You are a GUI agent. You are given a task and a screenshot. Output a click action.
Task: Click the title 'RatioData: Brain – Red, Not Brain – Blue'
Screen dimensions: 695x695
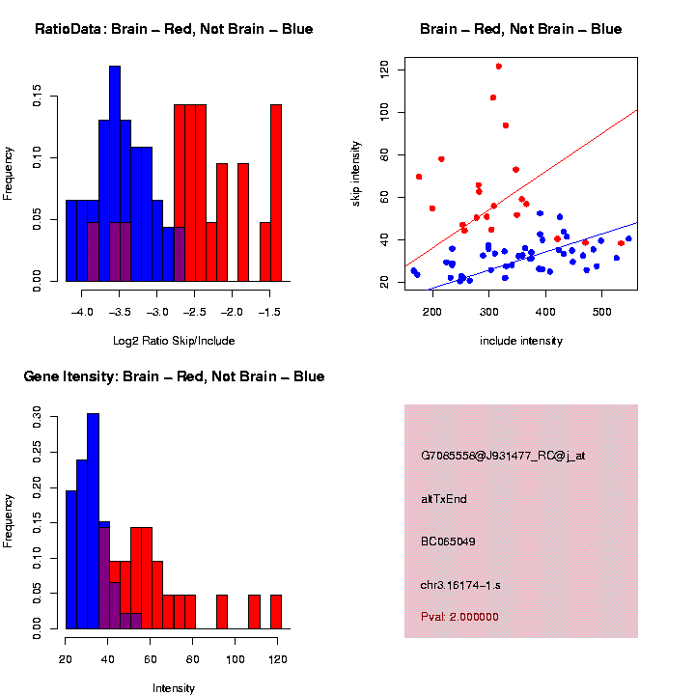tap(174, 29)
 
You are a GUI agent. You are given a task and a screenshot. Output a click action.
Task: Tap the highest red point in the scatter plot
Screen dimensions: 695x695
tap(498, 67)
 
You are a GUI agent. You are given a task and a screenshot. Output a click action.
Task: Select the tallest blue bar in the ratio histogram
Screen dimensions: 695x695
tap(115, 174)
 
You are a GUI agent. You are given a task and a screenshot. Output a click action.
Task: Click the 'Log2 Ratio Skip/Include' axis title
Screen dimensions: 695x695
tap(174, 341)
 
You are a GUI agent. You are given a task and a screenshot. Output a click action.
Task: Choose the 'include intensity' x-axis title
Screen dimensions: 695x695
tap(521, 341)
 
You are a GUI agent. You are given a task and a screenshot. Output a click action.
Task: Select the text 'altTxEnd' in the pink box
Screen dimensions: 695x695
tap(444, 499)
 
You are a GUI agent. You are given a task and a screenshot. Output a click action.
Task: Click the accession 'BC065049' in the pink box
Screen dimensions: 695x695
tap(448, 542)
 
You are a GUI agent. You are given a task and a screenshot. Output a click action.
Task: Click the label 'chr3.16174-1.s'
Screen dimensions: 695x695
tap(460, 584)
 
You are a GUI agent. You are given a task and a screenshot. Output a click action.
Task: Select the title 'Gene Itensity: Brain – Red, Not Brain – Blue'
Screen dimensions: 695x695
tap(174, 376)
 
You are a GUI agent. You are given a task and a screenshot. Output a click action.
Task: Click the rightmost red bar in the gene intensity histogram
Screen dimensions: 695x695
tap(276, 612)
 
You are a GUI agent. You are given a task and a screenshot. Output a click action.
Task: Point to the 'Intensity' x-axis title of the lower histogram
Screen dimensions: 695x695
tap(174, 688)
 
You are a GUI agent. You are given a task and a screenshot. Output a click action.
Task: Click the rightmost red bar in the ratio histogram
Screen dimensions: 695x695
tap(276, 193)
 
